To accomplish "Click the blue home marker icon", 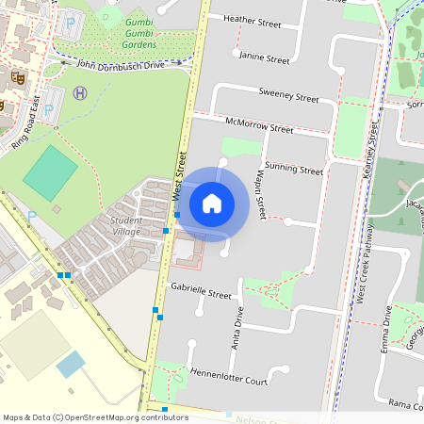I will click(x=212, y=203).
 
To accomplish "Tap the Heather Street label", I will click(x=253, y=19).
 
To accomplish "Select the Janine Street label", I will click(x=265, y=58).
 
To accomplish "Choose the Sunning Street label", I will click(x=294, y=170).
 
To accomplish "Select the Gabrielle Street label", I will click(x=200, y=294).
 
